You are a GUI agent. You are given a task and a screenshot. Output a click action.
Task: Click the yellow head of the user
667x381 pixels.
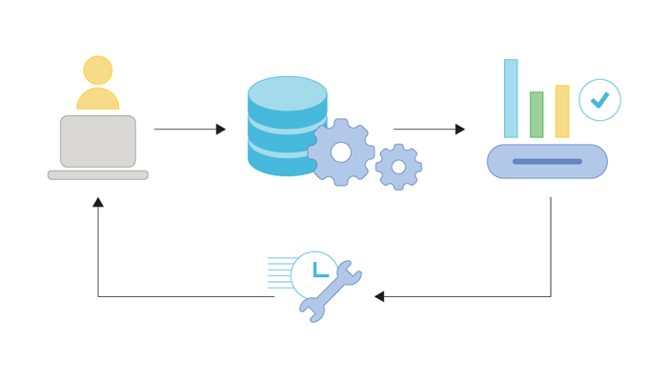pyautogui.click(x=97, y=70)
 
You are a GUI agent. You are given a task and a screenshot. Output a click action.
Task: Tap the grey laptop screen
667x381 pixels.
pyautogui.click(x=98, y=141)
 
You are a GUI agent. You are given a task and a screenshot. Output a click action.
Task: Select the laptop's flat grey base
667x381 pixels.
pyautogui.click(x=98, y=175)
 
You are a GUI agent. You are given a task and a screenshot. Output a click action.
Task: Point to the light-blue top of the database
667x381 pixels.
pyautogui.click(x=287, y=93)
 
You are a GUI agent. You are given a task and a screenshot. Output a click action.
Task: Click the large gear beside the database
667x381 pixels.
pyautogui.click(x=340, y=152)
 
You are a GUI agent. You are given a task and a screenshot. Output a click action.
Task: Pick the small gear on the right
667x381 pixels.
pyautogui.click(x=398, y=167)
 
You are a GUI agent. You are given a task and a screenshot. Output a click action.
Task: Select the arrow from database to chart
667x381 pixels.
pyautogui.click(x=428, y=129)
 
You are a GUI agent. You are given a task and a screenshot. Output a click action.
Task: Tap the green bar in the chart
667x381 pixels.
pyautogui.click(x=536, y=114)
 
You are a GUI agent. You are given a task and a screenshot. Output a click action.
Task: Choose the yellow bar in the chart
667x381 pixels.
pyautogui.click(x=562, y=111)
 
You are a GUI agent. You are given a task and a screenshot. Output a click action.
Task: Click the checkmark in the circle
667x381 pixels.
pyautogui.click(x=600, y=100)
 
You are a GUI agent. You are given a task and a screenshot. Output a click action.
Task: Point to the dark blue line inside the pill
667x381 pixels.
pyautogui.click(x=547, y=162)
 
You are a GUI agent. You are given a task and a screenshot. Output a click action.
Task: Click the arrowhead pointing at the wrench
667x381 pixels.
pyautogui.click(x=379, y=296)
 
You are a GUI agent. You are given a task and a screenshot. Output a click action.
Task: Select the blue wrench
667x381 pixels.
pyautogui.click(x=330, y=291)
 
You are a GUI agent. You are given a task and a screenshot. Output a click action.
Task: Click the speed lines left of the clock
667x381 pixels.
pyautogui.click(x=279, y=271)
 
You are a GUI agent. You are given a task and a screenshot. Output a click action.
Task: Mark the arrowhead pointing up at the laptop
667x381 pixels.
pyautogui.click(x=98, y=202)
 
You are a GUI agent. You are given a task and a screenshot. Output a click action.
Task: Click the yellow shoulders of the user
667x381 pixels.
pyautogui.click(x=98, y=99)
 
